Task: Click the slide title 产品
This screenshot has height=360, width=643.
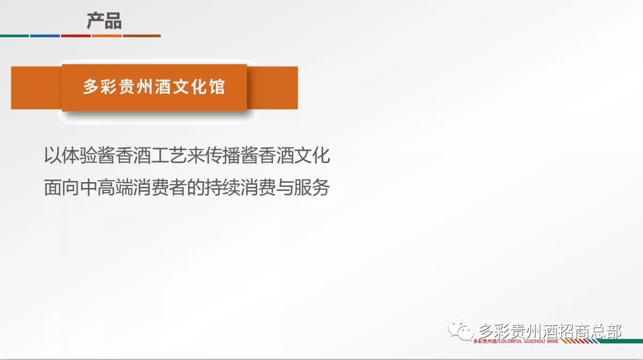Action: pos(104,21)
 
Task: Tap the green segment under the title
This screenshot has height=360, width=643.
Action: pos(14,36)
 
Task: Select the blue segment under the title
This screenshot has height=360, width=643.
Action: pos(45,36)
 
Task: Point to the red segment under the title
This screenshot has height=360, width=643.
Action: pos(76,36)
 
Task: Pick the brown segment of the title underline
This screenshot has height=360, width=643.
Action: pos(142,36)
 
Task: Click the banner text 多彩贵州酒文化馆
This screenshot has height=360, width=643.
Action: pos(154,87)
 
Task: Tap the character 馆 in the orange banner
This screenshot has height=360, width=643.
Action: pos(217,87)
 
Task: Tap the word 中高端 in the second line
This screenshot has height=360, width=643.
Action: pos(107,187)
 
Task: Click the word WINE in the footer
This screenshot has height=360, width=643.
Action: pos(552,341)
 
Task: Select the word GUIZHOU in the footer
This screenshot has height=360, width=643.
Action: pos(535,341)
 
